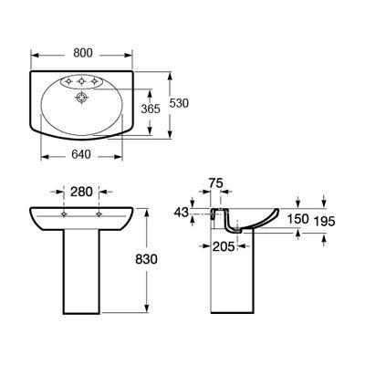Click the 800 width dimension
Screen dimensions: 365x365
[83, 53]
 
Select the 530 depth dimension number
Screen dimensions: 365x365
[179, 103]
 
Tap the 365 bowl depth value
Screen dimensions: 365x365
[151, 109]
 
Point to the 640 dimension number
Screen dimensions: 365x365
[81, 154]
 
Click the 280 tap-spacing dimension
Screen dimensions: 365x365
[81, 192]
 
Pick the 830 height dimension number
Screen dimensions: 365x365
[146, 259]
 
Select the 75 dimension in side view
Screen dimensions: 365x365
[215, 183]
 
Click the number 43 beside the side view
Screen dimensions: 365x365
[182, 213]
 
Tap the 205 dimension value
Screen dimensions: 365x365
[224, 246]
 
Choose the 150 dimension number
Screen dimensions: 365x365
[298, 219]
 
